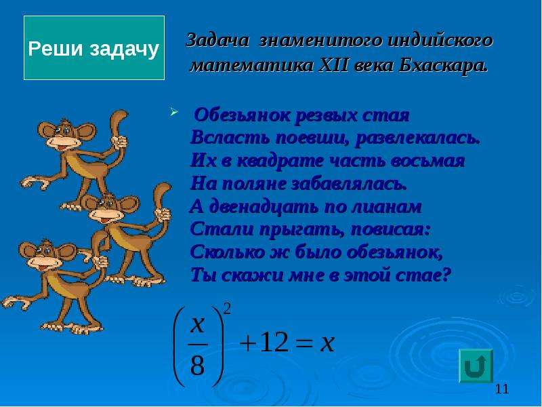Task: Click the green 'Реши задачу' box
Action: pyautogui.click(x=94, y=47)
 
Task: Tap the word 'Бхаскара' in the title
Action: pyautogui.click(x=443, y=65)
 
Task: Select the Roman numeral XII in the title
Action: pyautogui.click(x=333, y=65)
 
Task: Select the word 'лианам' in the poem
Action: pyautogui.click(x=386, y=207)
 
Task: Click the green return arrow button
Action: pyautogui.click(x=476, y=366)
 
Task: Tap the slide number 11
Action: pyautogui.click(x=502, y=389)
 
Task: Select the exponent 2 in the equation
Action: pyautogui.click(x=227, y=309)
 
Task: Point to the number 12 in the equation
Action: pyautogui.click(x=274, y=343)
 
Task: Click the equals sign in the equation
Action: pyautogui.click(x=304, y=344)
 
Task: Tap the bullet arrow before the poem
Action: pyautogui.click(x=173, y=112)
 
